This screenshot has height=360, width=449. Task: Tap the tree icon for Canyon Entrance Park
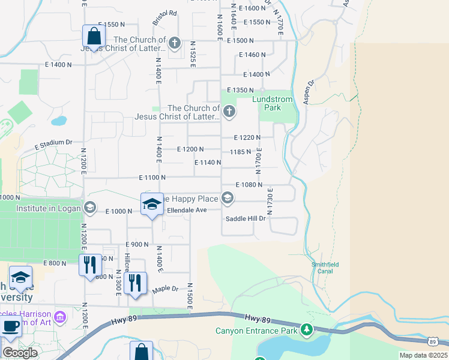307,329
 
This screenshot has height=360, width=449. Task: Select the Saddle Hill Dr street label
245,218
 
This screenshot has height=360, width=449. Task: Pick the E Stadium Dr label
53,144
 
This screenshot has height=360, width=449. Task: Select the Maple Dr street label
166,289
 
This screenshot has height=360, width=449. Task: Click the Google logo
20,353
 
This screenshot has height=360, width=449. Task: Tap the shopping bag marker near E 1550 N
94,36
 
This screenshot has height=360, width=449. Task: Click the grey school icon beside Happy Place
228,197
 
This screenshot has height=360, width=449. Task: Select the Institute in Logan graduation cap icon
89,208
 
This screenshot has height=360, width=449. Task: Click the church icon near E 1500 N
174,43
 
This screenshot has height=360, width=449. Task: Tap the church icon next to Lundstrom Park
229,111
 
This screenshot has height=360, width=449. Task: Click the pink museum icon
60,316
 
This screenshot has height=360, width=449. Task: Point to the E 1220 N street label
247,137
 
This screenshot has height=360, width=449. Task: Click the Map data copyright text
423,355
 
